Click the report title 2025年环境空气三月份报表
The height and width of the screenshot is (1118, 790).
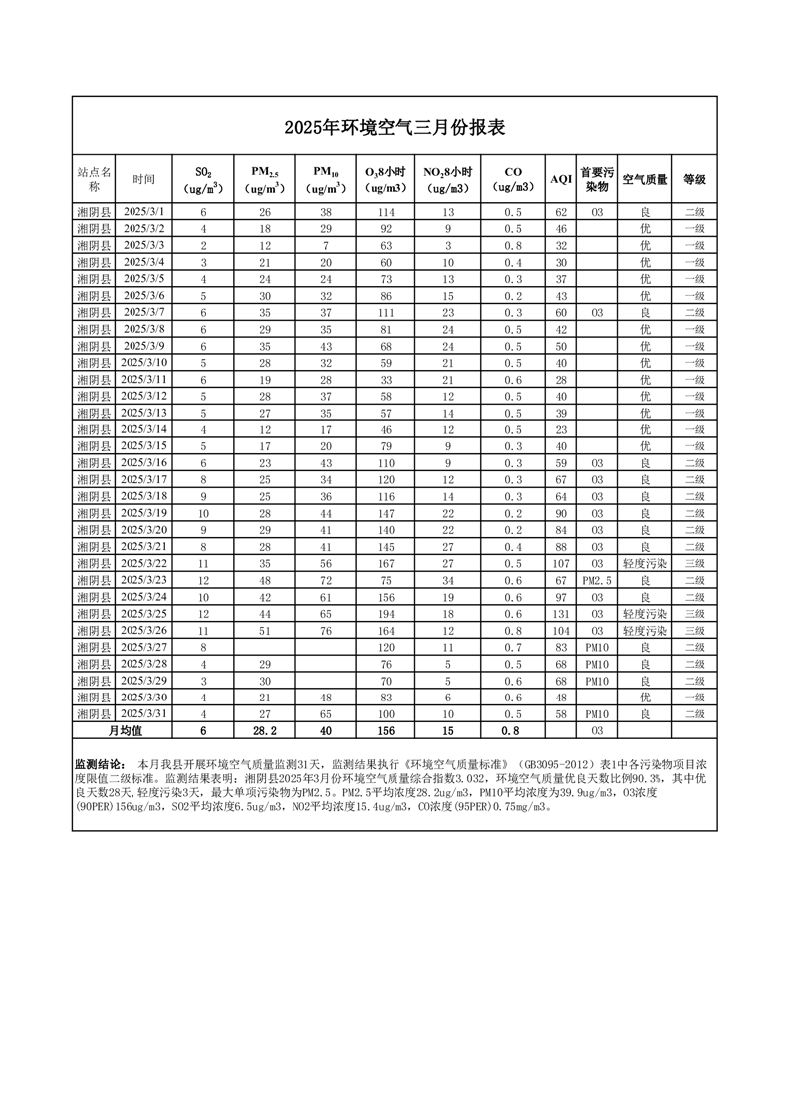[x=395, y=127]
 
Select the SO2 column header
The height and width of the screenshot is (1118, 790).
[x=203, y=179]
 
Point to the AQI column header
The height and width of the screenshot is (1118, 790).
[x=561, y=180]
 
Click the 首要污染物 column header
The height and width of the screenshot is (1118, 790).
[x=596, y=179]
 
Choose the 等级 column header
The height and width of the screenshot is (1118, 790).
[x=694, y=180]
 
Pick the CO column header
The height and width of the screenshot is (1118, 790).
[x=512, y=179]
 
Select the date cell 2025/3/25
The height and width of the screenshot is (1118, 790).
[x=144, y=614]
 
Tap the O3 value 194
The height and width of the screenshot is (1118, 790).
[x=386, y=614]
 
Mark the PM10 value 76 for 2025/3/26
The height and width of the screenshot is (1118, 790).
[x=325, y=631]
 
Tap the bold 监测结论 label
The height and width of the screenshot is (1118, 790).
[x=100, y=763]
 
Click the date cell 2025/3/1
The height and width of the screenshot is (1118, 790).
[x=144, y=212]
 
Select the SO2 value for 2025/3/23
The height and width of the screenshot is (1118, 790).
[x=203, y=580]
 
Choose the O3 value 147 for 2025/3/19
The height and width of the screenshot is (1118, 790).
[x=386, y=513]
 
